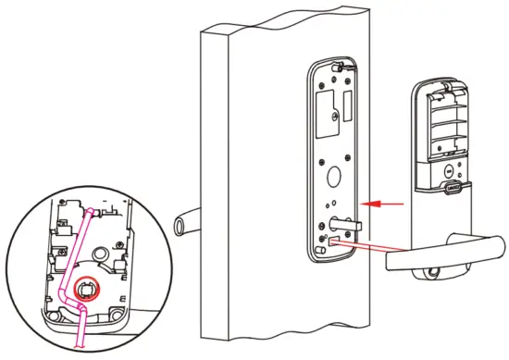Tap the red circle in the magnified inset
click(85, 292)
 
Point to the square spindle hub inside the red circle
click(85, 292)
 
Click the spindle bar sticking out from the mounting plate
click(343, 222)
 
